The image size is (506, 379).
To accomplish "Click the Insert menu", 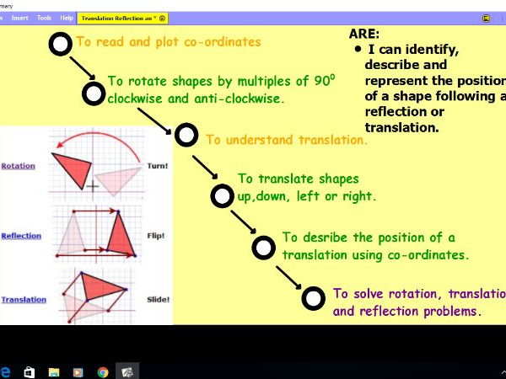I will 20,18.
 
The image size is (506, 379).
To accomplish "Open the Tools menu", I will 45,18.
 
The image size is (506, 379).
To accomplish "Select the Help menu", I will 67,18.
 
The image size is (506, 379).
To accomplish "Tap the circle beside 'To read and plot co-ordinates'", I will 60,45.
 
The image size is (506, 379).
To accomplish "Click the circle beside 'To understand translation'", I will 186,135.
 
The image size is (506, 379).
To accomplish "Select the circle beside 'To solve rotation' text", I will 313,298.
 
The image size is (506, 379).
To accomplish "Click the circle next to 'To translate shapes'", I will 220,197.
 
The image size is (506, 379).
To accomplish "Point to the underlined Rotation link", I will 19,166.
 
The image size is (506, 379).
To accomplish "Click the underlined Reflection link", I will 21,236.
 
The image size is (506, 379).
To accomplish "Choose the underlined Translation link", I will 24,300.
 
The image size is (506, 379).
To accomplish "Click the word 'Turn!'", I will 158,166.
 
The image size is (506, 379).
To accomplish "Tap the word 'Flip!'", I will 158,236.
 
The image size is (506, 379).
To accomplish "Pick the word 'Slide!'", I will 158,299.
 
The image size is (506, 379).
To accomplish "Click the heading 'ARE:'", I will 363,35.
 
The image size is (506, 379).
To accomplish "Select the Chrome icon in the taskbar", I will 103,371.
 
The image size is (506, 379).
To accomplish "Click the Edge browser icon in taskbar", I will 5,371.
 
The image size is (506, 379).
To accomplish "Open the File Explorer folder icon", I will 54,371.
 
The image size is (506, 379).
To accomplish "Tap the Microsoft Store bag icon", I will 30,371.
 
